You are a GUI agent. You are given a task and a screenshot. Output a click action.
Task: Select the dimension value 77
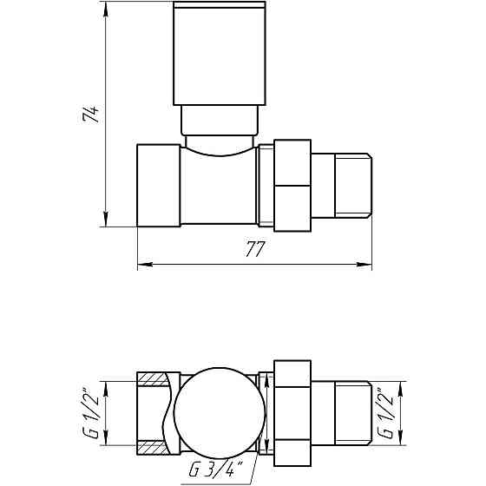[253, 250]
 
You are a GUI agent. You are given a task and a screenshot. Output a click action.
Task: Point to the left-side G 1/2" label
[89, 414]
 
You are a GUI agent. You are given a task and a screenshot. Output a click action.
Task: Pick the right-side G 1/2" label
[397, 414]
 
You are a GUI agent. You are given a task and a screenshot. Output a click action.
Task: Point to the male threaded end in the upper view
[342, 185]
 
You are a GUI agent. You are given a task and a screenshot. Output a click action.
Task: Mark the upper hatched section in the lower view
[153, 380]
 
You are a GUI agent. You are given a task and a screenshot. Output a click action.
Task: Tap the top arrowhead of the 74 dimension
[105, 10]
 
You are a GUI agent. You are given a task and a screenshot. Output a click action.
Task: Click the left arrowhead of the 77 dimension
[143, 264]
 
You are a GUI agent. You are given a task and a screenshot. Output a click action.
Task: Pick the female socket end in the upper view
[158, 185]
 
